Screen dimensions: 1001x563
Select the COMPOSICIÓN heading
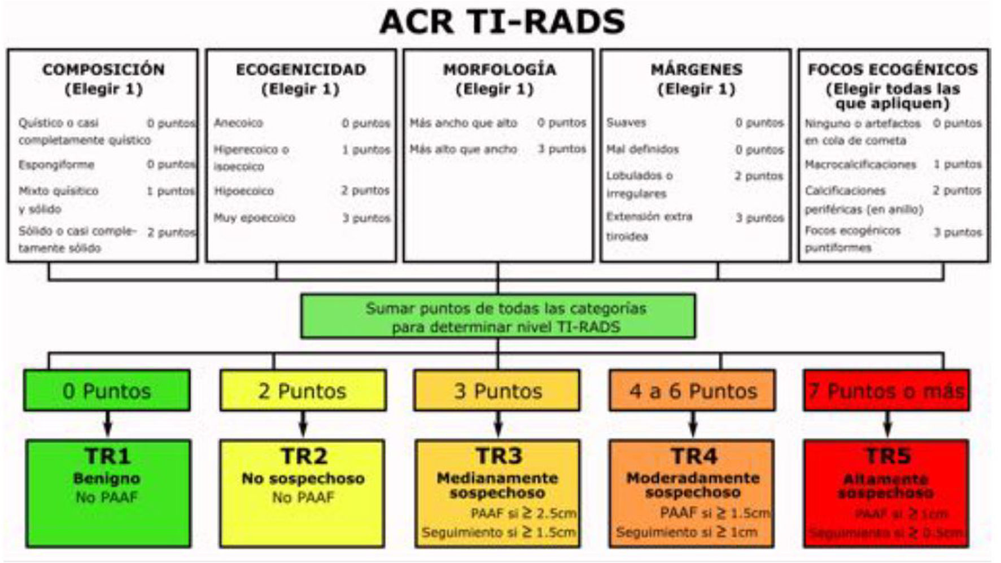coord(103,69)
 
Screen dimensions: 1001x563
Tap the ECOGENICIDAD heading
coord(301,69)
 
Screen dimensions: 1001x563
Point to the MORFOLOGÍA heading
coord(499,69)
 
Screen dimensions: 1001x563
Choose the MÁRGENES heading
coord(696,69)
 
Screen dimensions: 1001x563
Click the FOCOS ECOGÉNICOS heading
coord(893,69)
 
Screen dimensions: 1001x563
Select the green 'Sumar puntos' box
coord(498,316)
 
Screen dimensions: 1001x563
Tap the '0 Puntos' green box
coord(107,391)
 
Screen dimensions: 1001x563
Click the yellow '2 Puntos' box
coord(303,391)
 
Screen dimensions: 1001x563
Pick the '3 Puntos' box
coord(497,391)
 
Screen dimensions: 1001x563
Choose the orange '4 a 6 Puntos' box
coord(692,391)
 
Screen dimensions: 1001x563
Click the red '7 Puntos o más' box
coord(886,391)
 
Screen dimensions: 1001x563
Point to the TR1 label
coord(107,456)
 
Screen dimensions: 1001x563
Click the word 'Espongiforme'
coord(56,165)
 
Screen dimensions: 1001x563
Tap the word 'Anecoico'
coord(238,123)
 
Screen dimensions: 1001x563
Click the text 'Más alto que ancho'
coord(464,149)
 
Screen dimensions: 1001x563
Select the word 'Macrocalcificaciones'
coord(860,165)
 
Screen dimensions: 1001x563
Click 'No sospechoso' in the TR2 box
coord(303,478)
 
